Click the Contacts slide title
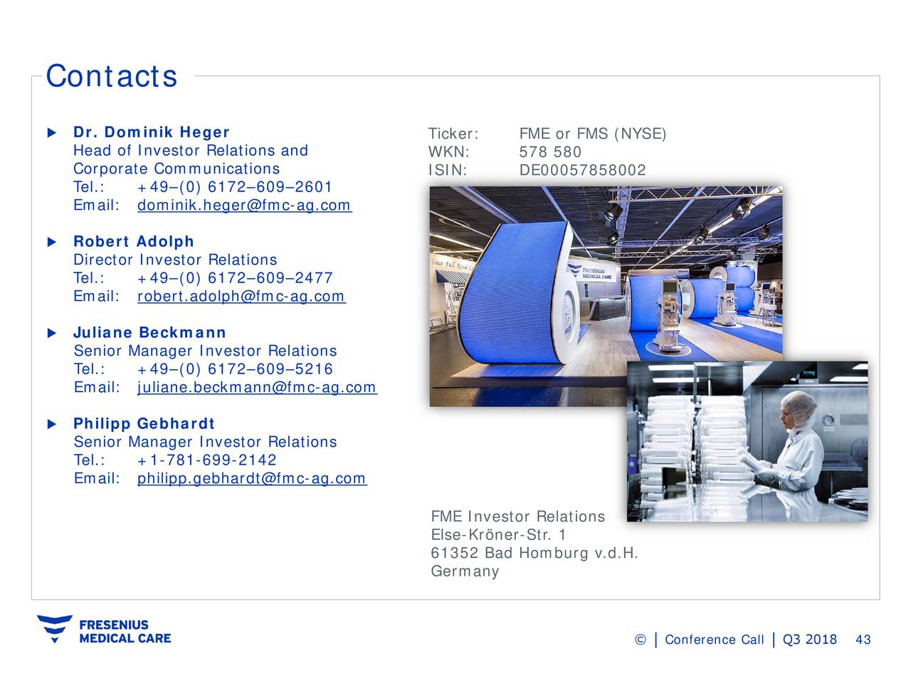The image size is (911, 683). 111,76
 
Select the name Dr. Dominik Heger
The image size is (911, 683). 151,132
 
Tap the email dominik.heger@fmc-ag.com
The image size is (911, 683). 243,206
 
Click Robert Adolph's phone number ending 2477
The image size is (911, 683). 234,278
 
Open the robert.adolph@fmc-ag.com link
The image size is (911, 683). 241,297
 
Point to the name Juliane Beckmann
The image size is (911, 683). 149,333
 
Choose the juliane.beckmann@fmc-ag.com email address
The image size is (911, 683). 256,388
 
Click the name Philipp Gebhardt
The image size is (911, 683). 144,424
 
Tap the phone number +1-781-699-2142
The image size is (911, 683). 206,460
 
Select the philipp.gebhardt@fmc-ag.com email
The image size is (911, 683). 251,479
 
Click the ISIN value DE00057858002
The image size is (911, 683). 582,171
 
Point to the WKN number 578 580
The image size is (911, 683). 550,152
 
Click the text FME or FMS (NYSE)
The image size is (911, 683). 592,134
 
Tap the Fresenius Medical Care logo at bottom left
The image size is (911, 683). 104,630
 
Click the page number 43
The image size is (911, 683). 863,640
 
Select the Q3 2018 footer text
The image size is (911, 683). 809,640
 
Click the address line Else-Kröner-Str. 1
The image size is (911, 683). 498,535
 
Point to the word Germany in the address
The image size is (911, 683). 465,572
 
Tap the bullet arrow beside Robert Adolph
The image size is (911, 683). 51,242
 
